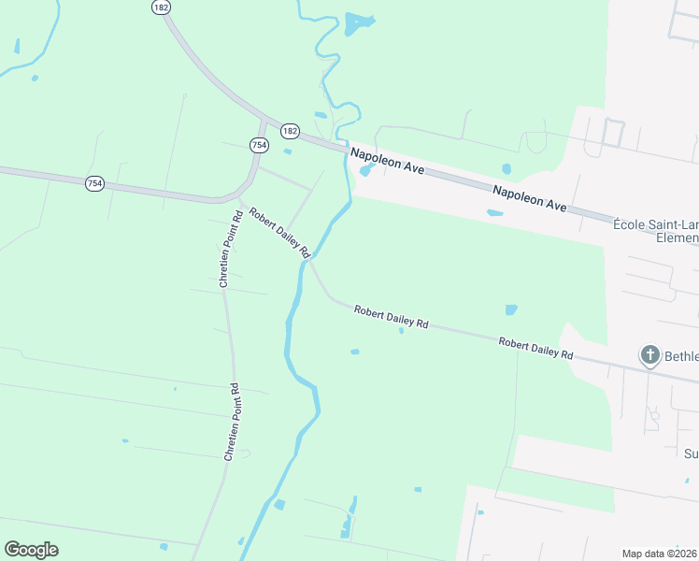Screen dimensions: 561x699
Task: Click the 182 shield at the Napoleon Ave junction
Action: (x=290, y=131)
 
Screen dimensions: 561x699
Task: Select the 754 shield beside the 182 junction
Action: (x=259, y=145)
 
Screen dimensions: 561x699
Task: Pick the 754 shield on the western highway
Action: (x=94, y=183)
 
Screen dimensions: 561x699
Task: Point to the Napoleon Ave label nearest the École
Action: (x=530, y=197)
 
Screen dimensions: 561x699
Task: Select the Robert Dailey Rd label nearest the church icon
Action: (x=535, y=349)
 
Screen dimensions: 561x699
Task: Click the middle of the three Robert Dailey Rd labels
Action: (x=391, y=316)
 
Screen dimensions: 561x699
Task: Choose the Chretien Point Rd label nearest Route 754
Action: (x=230, y=248)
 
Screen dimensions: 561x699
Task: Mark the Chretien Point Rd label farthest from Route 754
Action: (x=233, y=421)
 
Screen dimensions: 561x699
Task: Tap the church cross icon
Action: (x=650, y=355)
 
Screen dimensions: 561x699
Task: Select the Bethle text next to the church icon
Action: (x=681, y=356)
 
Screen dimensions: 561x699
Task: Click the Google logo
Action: (x=31, y=550)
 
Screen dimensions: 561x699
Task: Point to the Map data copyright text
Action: (x=660, y=554)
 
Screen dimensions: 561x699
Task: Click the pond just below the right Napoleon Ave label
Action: (x=494, y=213)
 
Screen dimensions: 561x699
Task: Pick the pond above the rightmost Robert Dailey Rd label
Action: (x=510, y=309)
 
